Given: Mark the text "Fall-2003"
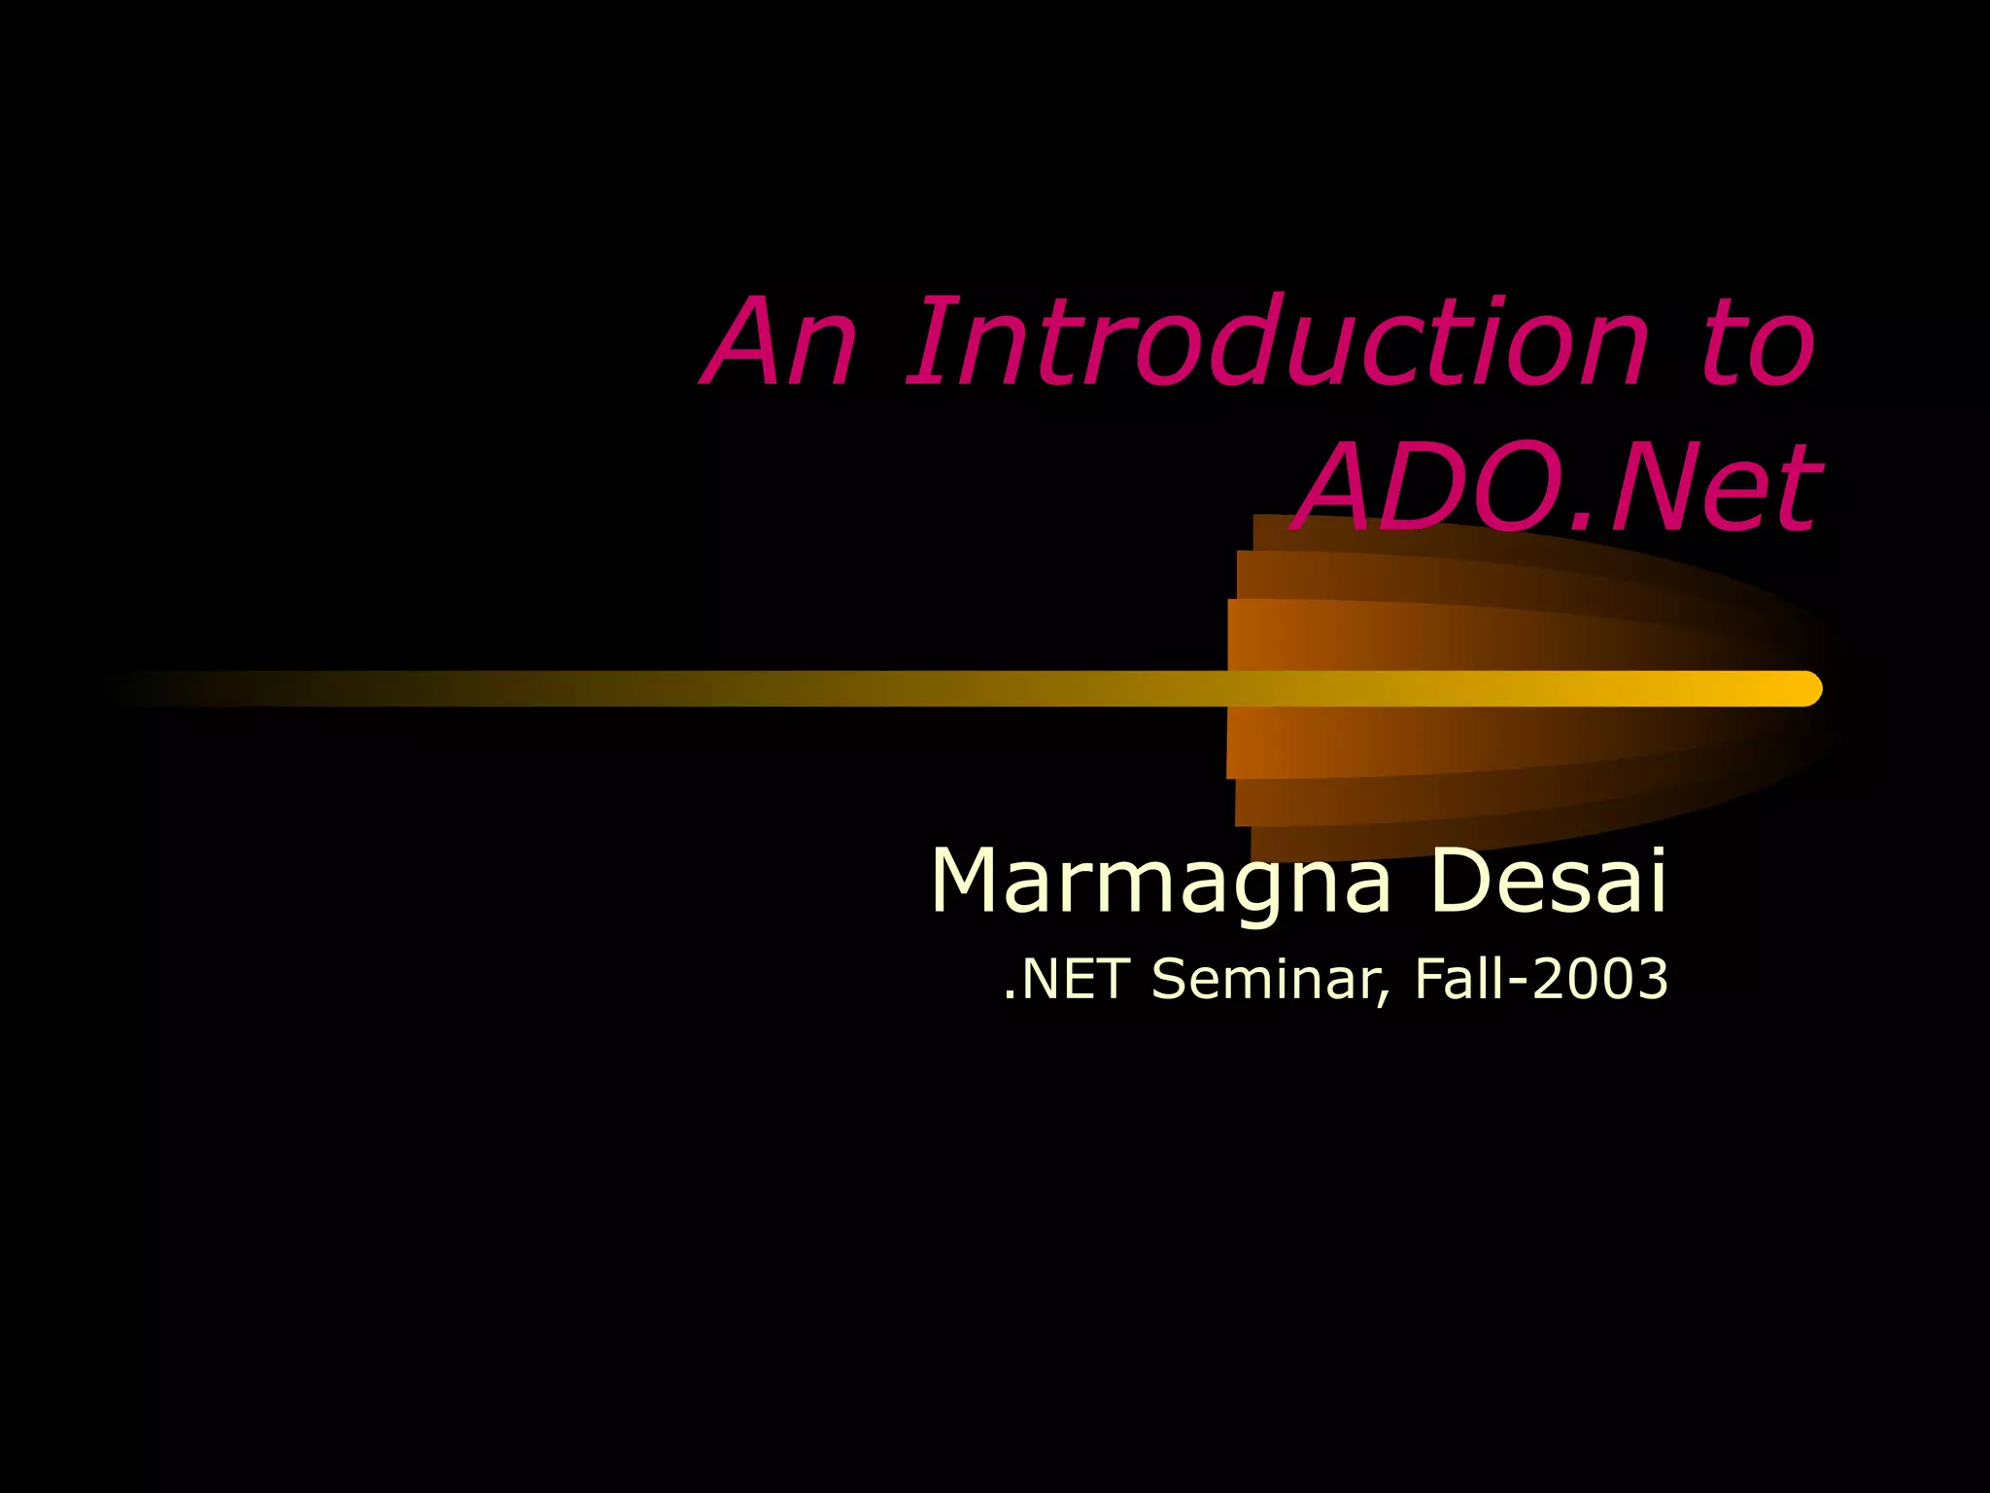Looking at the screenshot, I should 1541,978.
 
